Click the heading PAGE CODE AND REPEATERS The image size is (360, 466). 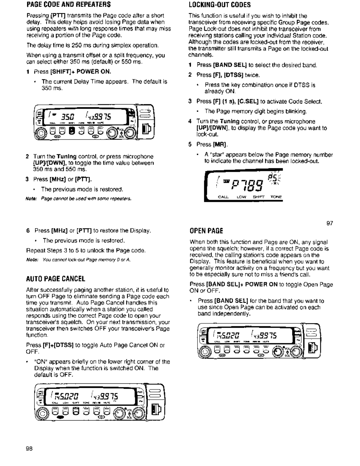[69, 5]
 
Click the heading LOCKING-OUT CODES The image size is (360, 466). [219, 5]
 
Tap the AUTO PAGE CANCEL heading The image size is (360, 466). [56, 279]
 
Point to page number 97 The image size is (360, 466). [330, 223]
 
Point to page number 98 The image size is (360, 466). [30, 449]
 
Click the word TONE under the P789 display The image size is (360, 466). [276, 197]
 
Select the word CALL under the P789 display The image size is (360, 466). [223, 197]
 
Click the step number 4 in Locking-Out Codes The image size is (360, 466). [190, 121]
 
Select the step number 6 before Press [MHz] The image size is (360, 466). [28, 230]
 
